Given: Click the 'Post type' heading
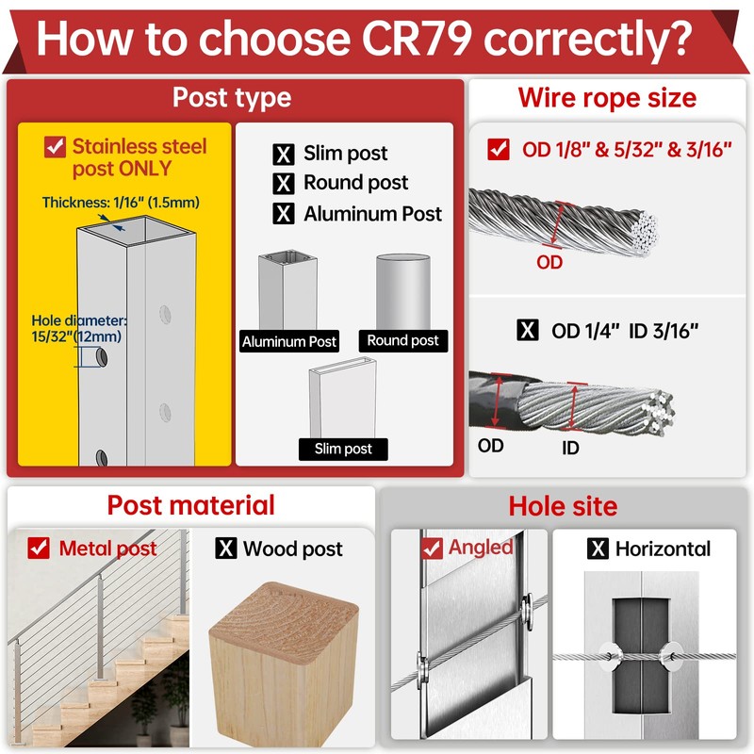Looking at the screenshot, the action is (232, 98).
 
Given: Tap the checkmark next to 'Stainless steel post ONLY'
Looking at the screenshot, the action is (55, 147).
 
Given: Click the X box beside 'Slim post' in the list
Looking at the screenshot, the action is (284, 155).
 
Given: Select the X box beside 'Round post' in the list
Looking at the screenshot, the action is (284, 183).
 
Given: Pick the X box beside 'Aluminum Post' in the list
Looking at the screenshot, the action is (284, 214).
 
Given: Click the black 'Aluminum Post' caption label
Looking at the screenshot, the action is (289, 341).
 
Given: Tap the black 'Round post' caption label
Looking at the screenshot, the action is (403, 340).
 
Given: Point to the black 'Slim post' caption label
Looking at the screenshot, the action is (343, 450).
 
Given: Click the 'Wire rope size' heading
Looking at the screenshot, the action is (607, 98).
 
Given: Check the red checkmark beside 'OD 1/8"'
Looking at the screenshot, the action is (499, 150).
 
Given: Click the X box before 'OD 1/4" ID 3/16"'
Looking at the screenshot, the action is (528, 331).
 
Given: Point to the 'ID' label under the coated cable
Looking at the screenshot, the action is (570, 449).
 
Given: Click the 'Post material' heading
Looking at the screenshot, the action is (191, 505).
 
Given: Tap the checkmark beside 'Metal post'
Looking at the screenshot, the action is (39, 549).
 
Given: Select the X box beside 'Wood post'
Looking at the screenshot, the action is (226, 549).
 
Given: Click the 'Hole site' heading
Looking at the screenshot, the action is (563, 506).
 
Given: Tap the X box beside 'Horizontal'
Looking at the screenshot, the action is (598, 549).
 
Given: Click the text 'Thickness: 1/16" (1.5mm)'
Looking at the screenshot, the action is (121, 203).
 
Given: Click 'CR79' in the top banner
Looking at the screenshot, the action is (416, 39).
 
